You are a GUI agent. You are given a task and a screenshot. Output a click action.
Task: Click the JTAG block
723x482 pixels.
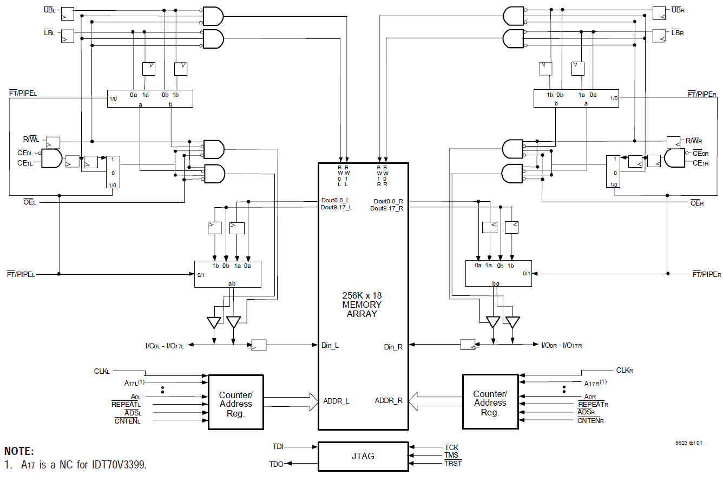[x=363, y=456]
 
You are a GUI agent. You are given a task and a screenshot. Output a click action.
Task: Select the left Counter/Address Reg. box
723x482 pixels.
[x=235, y=402]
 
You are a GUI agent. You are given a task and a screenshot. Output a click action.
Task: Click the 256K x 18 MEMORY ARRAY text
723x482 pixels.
[x=362, y=305]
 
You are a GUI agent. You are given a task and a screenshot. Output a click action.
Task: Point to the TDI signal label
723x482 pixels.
[x=277, y=447]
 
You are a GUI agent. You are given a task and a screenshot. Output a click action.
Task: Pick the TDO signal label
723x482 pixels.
[x=276, y=464]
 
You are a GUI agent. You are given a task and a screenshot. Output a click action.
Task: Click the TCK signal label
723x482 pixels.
[x=451, y=447]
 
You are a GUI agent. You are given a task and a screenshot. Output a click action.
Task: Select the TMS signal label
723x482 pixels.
[x=451, y=455]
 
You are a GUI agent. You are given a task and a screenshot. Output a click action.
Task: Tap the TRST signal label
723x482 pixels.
[x=453, y=464]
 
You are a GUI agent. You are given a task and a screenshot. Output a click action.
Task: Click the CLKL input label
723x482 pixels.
[x=102, y=372]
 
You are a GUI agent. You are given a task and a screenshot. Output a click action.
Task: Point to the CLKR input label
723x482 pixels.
[x=625, y=371]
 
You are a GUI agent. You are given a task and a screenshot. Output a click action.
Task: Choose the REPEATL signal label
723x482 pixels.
[x=126, y=404]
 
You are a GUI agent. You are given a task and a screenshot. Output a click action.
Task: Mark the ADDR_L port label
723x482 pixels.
[x=336, y=401]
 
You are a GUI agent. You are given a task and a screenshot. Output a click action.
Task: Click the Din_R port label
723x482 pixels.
[x=393, y=347]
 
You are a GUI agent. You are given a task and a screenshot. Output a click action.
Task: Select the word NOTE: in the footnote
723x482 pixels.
[x=19, y=451]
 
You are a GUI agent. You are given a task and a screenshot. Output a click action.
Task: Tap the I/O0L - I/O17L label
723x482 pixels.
[x=165, y=346]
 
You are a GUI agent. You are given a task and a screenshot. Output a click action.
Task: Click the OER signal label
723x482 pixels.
[x=696, y=203]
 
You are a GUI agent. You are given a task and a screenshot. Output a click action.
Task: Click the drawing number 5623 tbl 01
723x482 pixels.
[x=688, y=443]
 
